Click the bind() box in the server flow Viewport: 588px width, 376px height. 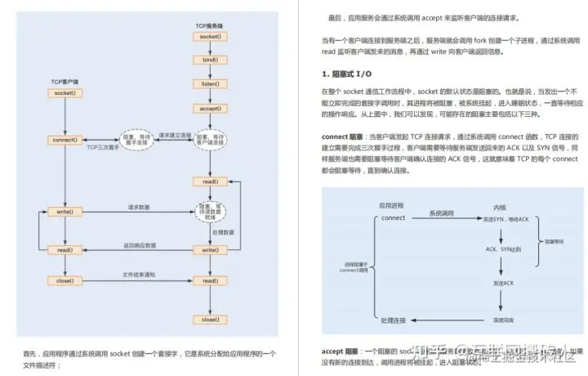(209, 60)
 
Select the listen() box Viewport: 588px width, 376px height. (209, 84)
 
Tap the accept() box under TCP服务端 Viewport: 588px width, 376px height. (209, 108)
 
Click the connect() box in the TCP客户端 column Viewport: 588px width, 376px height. (65, 140)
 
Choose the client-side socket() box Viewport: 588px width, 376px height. (65, 93)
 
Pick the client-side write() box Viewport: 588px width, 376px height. (65, 213)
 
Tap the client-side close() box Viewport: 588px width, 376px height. (65, 280)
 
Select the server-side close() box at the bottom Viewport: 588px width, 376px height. (209, 320)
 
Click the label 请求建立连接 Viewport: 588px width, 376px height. (174, 135)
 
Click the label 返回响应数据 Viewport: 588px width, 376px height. (140, 244)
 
